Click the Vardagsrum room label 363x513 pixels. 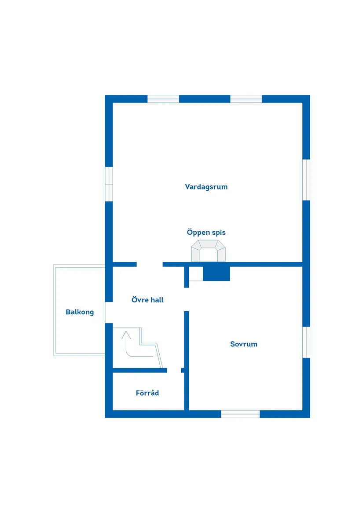point(206,187)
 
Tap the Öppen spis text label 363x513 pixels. point(206,232)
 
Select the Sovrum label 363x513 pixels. point(244,344)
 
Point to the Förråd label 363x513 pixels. point(147,393)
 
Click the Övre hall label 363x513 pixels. point(147,300)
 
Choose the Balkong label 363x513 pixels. point(80,312)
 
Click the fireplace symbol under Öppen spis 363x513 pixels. point(209,251)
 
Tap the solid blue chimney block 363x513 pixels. point(216,273)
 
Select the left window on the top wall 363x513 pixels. point(163,99)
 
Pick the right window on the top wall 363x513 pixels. point(246,99)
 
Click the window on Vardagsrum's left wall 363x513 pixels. point(109,184)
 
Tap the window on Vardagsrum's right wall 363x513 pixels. point(306,180)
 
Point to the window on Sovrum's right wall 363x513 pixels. point(306,342)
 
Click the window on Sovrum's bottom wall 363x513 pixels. point(241,414)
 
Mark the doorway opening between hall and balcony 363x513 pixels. point(109,313)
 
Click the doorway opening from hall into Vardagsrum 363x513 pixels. point(150,264)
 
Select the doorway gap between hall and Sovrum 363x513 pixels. point(187,299)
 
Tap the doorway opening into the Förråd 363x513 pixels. point(174,371)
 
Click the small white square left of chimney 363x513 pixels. point(196,273)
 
